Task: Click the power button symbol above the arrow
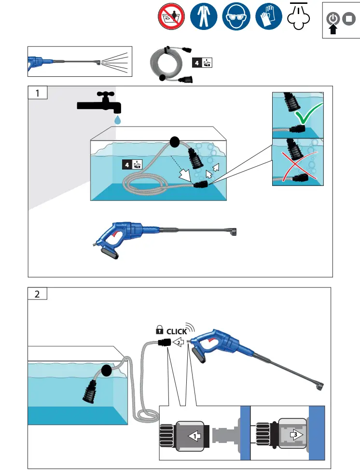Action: pyautogui.click(x=332, y=19)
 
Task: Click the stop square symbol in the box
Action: pyautogui.click(x=348, y=19)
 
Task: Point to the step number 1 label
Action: pyautogui.click(x=37, y=93)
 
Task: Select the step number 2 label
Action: pyautogui.click(x=37, y=293)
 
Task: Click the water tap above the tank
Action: pyautogui.click(x=99, y=102)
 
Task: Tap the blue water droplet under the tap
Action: pyautogui.click(x=118, y=119)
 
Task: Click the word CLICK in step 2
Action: pyautogui.click(x=177, y=332)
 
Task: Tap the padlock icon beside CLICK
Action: pyautogui.click(x=159, y=331)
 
